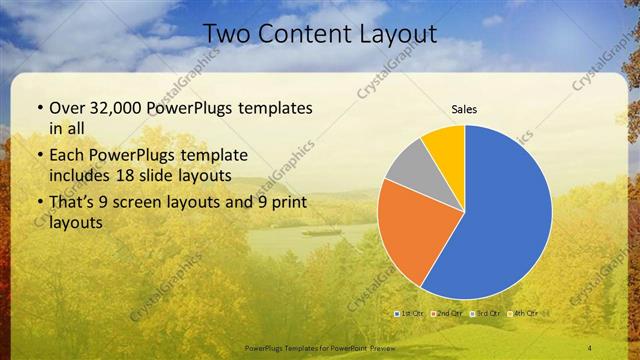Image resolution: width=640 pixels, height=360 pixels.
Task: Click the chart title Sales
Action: click(464, 108)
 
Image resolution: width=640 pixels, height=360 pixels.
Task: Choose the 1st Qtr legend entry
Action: click(410, 314)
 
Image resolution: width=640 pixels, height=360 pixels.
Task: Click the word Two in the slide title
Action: click(226, 34)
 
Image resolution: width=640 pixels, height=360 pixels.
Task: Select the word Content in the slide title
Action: click(300, 34)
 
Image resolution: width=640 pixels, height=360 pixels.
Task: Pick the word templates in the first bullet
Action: click(272, 108)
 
